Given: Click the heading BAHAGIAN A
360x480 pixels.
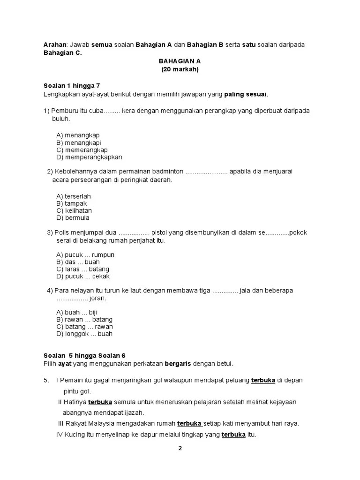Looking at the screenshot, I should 180,61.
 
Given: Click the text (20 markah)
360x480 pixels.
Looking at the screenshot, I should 180,69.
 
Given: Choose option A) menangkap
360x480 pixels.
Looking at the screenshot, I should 78,135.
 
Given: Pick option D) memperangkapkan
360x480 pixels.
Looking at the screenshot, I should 89,157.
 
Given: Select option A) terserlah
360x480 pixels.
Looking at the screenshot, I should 74,196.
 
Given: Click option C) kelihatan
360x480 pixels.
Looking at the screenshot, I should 74,211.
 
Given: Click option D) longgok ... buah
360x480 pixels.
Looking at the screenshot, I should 84,334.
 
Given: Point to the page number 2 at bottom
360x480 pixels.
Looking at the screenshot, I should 180,448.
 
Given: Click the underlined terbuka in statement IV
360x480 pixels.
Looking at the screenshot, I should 233,435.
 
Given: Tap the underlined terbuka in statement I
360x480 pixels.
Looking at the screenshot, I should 263,380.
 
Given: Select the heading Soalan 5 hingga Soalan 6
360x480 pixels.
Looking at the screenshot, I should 84,355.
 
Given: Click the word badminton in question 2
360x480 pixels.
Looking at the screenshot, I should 168,172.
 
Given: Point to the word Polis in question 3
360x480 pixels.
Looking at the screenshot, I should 62,232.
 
